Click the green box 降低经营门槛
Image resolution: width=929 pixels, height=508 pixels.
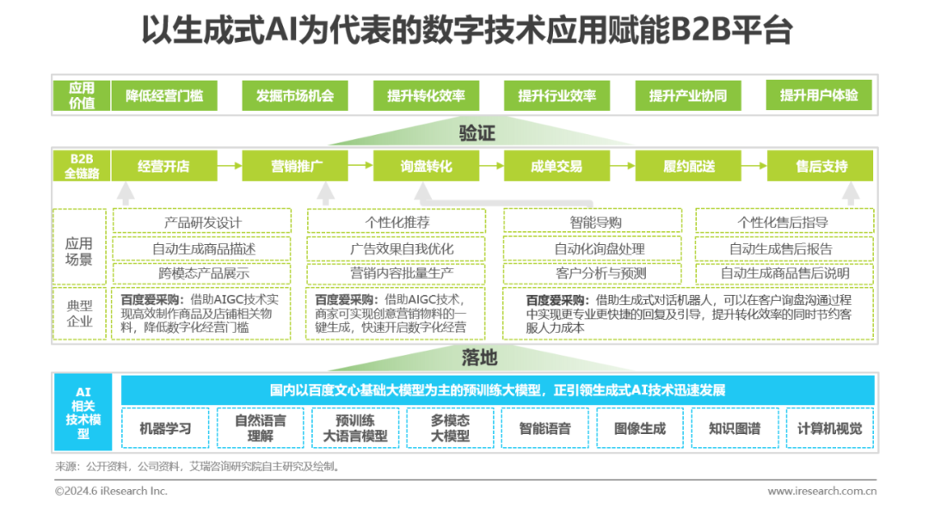[x=164, y=96]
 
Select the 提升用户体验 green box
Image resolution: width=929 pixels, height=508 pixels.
[x=818, y=96]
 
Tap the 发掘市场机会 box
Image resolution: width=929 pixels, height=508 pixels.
[x=294, y=96]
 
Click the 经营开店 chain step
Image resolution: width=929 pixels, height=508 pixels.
[x=163, y=166]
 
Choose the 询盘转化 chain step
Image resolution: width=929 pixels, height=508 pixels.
[x=425, y=166]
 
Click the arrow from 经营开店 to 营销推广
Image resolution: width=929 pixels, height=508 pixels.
[x=228, y=166]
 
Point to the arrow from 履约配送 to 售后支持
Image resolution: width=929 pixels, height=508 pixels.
[x=753, y=166]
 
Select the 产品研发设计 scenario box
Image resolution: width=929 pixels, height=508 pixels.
[x=203, y=223]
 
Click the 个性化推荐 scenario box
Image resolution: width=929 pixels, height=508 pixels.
[x=397, y=223]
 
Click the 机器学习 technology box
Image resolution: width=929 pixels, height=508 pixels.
[x=165, y=428]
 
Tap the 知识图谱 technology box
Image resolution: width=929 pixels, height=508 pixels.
[x=734, y=428]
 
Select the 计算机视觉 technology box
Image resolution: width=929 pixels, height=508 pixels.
[x=829, y=428]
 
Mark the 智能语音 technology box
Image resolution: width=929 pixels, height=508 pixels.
[x=544, y=428]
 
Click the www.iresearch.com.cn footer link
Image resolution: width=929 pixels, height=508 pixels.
[x=821, y=491]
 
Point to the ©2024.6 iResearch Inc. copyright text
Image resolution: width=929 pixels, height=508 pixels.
[x=111, y=491]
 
